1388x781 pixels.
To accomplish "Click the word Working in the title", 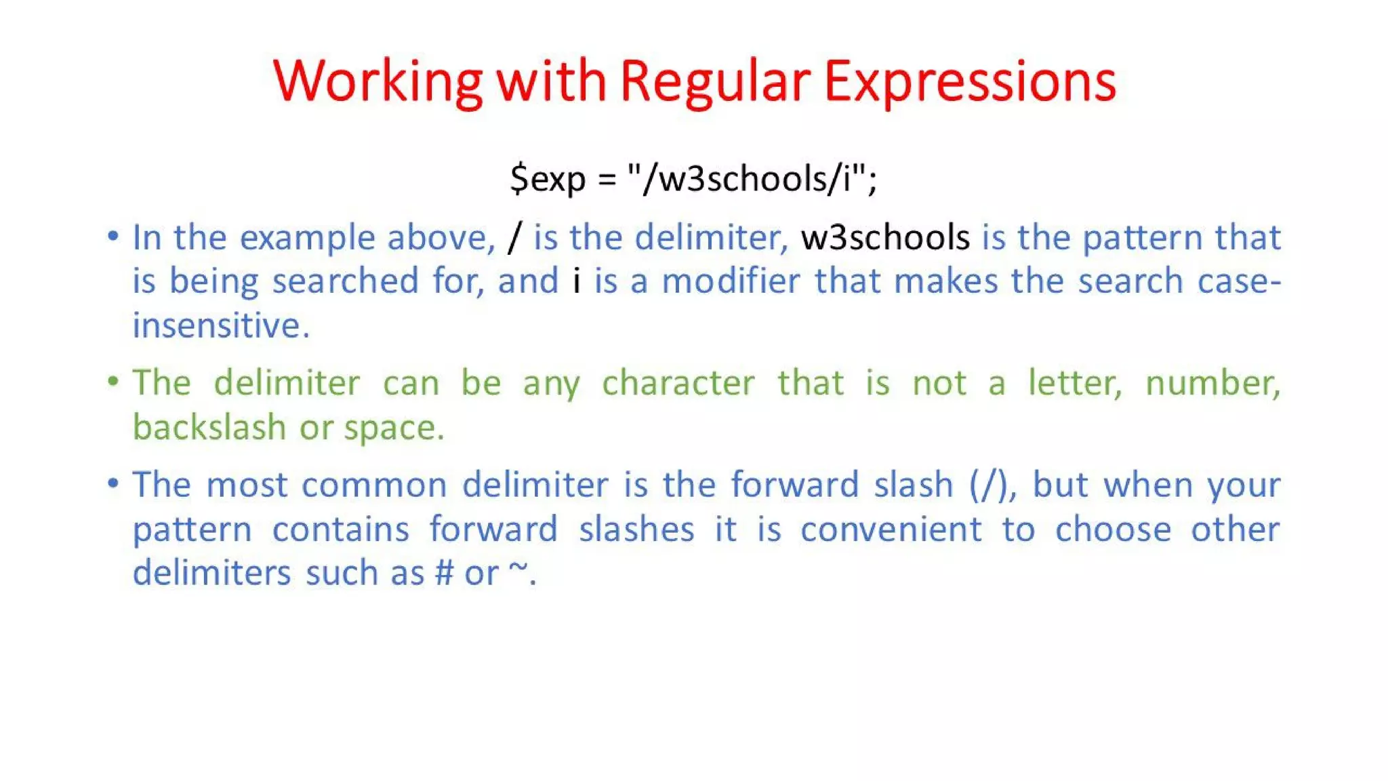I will click(x=377, y=81).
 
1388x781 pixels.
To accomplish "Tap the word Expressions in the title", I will click(x=970, y=81).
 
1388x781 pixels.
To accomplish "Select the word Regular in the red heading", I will click(x=715, y=81).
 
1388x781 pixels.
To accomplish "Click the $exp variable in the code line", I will click(x=548, y=178).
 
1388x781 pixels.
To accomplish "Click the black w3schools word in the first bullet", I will click(x=885, y=237).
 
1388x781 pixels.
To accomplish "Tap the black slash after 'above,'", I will click(x=515, y=237).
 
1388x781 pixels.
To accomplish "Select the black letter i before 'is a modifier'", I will click(x=577, y=281).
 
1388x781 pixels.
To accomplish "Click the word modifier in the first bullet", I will click(x=731, y=281).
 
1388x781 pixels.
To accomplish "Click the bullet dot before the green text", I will click(x=113, y=381).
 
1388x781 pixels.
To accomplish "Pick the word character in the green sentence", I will click(x=678, y=383).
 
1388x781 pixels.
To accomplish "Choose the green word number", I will click(x=1212, y=383).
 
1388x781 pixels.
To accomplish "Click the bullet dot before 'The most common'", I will click(x=113, y=483).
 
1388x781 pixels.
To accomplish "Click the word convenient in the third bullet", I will click(x=891, y=529).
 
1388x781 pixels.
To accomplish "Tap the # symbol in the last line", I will click(x=444, y=573).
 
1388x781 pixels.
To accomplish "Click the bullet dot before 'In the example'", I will click(x=113, y=236).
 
